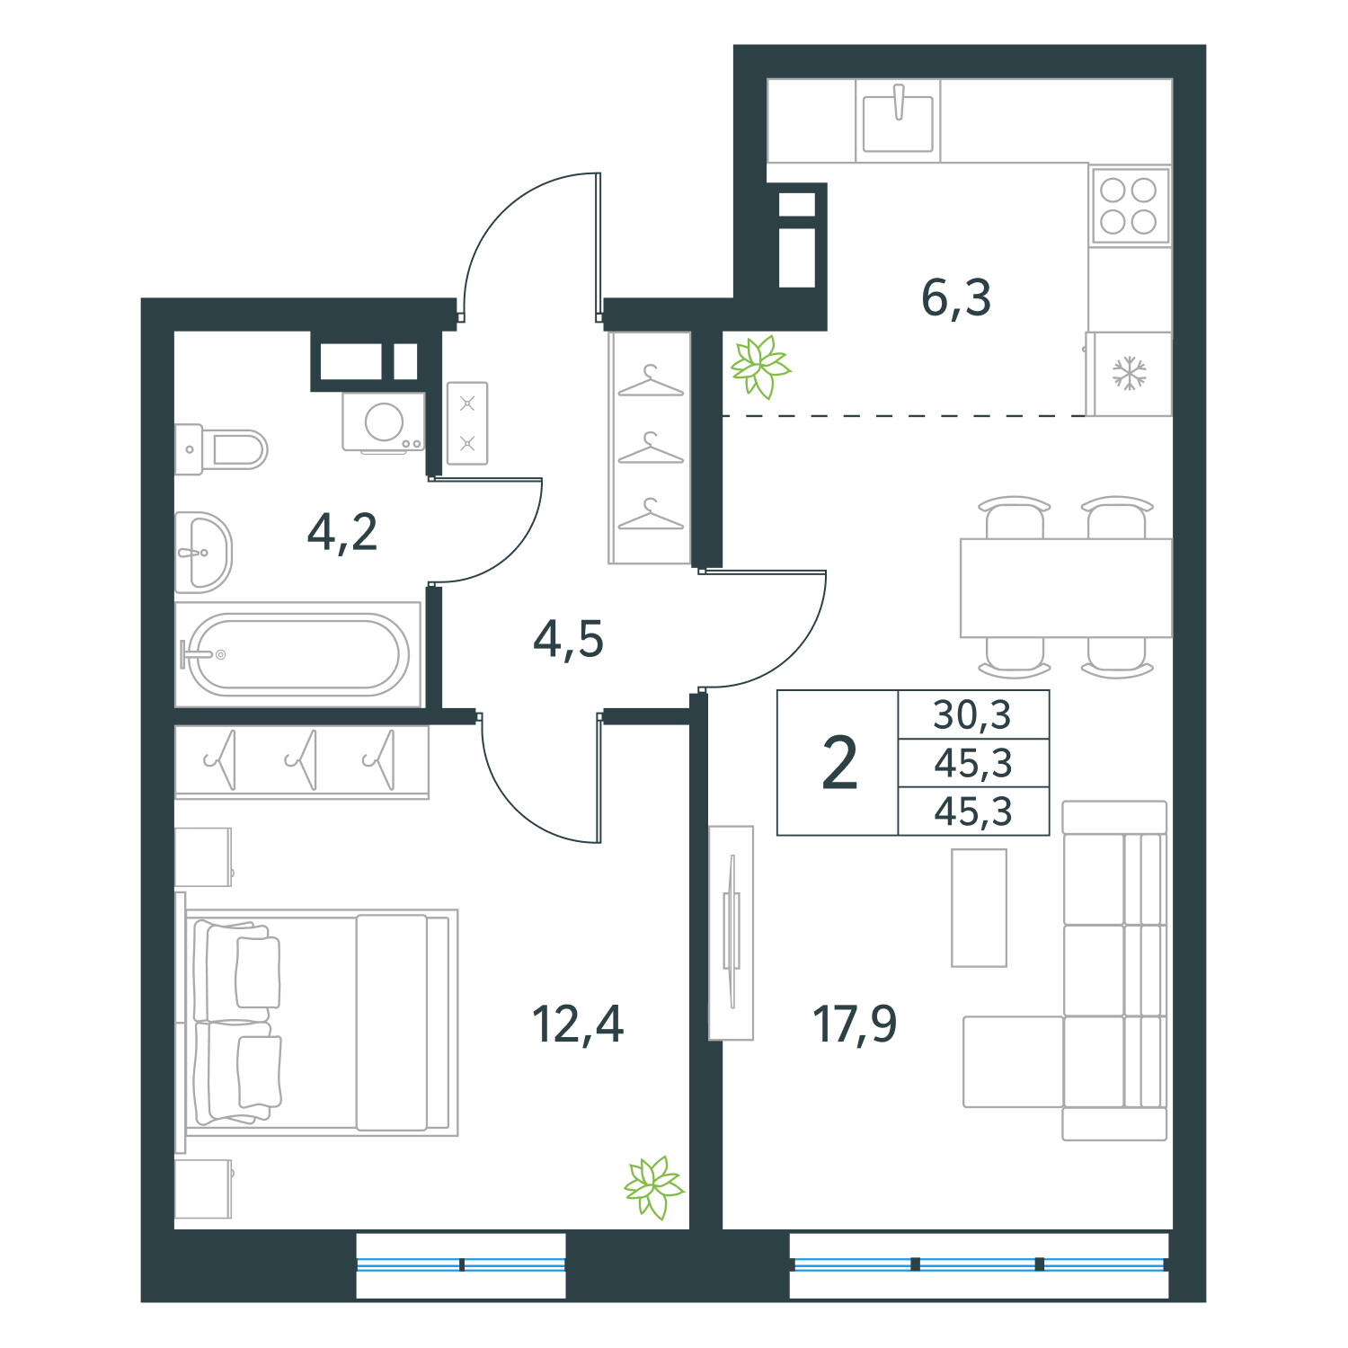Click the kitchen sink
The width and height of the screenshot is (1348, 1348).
(898, 121)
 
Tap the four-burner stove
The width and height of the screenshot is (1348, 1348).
(1129, 206)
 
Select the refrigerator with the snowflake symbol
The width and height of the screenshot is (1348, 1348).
(1129, 374)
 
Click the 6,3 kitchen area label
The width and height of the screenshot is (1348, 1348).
(955, 297)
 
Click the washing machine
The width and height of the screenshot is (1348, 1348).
(384, 422)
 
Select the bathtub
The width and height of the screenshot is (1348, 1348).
(298, 654)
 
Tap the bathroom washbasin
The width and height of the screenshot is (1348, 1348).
(202, 553)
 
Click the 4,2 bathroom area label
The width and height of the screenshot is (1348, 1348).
(341, 532)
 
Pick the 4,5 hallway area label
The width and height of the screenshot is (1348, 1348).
(568, 639)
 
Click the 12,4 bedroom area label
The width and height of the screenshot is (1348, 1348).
(577, 1024)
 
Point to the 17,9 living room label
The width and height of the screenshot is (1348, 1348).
(854, 1024)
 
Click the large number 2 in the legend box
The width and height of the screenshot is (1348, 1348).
(839, 763)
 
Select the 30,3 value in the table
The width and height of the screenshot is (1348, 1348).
(972, 715)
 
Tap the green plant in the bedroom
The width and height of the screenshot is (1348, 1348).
(653, 1186)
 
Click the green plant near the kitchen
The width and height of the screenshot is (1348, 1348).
(759, 366)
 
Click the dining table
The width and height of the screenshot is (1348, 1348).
(1065, 588)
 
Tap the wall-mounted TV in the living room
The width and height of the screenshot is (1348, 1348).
(731, 932)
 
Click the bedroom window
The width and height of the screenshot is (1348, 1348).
(461, 1264)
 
